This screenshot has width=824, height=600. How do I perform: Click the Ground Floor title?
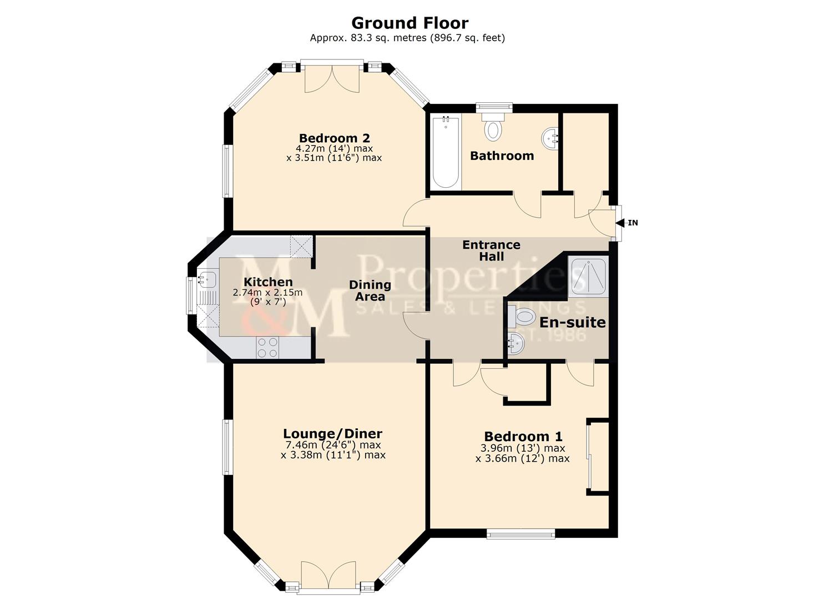coord(410,23)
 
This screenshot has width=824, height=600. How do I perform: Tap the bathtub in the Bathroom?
coord(446,152)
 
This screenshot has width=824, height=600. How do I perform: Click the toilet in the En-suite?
coord(520,317)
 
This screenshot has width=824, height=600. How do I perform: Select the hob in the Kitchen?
coord(267,348)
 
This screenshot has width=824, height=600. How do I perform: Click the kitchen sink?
coord(207,278)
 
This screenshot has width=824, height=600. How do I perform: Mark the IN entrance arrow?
coord(626,223)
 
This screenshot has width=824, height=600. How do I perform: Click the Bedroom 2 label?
coord(334,138)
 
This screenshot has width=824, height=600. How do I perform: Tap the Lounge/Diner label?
coord(332,434)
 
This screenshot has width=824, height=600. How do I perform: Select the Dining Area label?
coord(370,291)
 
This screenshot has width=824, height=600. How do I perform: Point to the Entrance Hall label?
coord(491,251)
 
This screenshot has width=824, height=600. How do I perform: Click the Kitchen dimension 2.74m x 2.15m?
coord(267,293)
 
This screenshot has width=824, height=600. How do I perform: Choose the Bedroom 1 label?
coord(523,437)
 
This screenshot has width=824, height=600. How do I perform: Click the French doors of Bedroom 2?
coord(332,78)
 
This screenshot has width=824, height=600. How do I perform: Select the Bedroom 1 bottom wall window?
coord(520,534)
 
